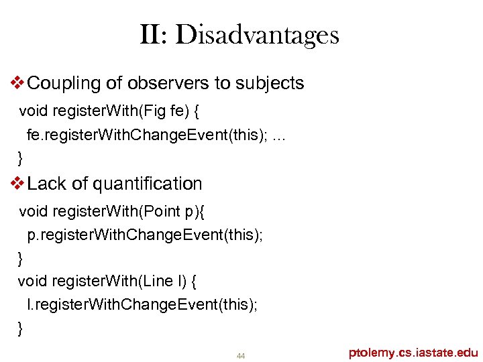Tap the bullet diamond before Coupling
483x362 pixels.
coord(19,84)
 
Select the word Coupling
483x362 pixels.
coord(66,84)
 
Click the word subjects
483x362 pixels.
coord(268,84)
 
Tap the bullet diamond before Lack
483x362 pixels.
coord(19,184)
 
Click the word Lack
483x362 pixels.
coord(47,184)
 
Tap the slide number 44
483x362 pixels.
coord(241,355)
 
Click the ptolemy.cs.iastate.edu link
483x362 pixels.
coord(413,353)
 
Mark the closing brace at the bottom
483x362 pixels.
coord(20,328)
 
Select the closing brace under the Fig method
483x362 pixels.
coord(20,158)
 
